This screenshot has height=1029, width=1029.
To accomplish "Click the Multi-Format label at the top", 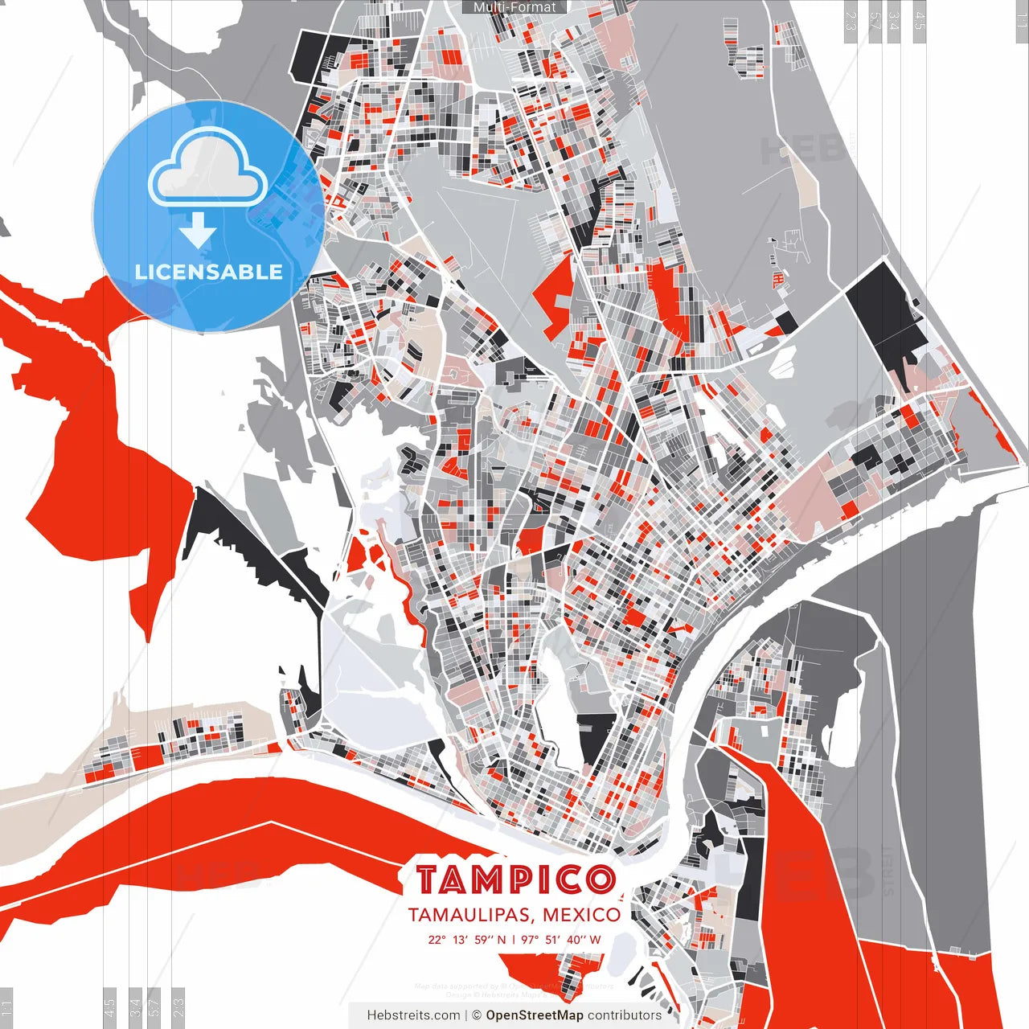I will pos(514,7).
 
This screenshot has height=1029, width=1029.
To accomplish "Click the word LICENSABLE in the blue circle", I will pos(208,272).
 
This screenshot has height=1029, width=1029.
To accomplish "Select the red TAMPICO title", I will pos(515,880).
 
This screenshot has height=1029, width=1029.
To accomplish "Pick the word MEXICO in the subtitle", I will pos(581,915).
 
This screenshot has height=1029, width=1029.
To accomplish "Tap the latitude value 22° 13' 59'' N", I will pos(467,940).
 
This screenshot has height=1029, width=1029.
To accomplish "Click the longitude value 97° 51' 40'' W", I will pos(561,940).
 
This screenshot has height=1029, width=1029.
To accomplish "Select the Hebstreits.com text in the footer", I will pos(413,1015).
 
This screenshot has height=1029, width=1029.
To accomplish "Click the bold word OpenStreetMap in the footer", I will pos(535,1015).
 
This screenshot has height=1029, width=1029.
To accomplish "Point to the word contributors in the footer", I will pos(624,1015).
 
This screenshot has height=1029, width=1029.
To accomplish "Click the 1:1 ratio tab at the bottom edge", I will pos(6,1007).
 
